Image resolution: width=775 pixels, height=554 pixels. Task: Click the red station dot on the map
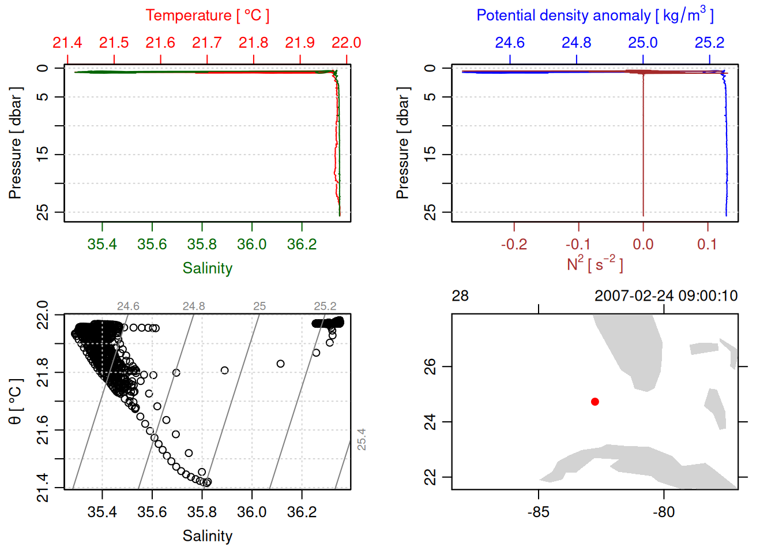coord(595,402)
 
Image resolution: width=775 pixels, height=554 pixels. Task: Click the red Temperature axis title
coord(208,16)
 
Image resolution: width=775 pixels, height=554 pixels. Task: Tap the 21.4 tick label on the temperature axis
coord(67,43)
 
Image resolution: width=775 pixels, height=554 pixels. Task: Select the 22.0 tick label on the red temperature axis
coord(346,43)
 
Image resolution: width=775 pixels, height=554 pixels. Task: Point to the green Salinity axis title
coord(208,268)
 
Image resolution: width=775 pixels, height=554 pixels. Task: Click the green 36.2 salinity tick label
coord(302,245)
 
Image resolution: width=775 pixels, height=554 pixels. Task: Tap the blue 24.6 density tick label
coord(510,43)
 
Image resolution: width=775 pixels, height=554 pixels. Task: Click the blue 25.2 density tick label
coord(709,43)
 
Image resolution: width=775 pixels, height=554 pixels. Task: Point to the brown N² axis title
coord(595,264)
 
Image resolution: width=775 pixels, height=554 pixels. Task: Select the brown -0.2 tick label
coord(514,245)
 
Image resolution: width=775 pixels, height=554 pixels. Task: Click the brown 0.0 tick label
coord(643,245)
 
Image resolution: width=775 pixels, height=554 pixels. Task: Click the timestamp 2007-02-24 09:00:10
coord(666,296)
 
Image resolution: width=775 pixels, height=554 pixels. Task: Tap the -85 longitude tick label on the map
coord(538,512)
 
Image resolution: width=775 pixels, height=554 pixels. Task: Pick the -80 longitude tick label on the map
coord(664,512)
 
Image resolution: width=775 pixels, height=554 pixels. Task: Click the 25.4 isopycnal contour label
coord(362,439)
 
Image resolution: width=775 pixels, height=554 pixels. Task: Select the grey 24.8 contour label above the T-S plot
coord(194,306)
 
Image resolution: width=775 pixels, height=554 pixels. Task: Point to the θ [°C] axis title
coord(16,402)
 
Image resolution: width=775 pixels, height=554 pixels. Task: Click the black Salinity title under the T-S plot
coord(208,536)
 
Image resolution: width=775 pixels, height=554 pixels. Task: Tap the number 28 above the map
coord(460,296)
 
